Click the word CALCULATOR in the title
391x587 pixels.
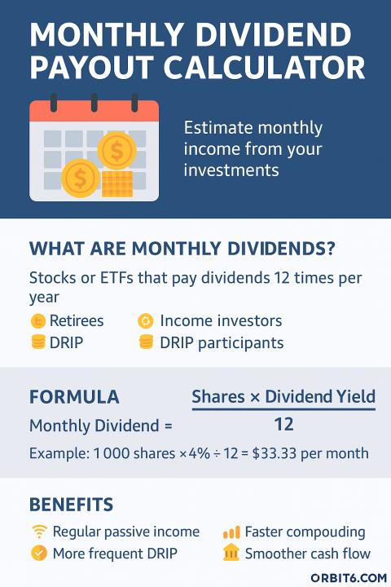264,68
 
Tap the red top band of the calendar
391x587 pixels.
94,111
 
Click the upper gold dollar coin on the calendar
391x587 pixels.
116,151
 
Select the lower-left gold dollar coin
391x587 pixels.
81,179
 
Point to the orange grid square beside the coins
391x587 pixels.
117,183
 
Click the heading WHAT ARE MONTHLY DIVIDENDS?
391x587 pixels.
182,249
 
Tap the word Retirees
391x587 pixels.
77,321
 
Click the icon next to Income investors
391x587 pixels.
146,321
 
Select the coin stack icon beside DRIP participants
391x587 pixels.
146,342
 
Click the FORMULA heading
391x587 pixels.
74,397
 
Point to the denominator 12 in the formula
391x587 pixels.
283,425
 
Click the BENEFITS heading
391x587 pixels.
71,505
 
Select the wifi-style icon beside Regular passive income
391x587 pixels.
39,532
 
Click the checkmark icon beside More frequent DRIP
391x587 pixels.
39,554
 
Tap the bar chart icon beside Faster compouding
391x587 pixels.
231,532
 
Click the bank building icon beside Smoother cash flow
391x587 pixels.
231,553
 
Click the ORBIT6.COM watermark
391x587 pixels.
349,578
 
